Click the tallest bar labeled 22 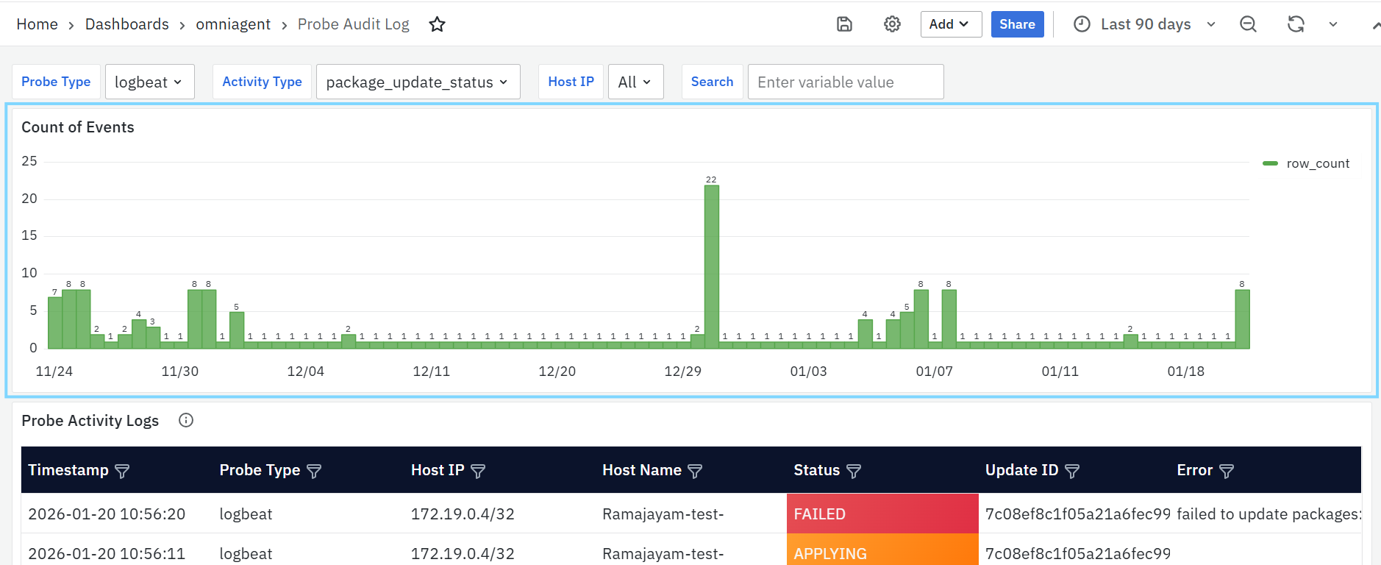click(711, 266)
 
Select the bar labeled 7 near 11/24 click(54, 322)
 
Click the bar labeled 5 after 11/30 click(236, 330)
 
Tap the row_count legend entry click(1306, 163)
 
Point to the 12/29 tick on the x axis click(682, 372)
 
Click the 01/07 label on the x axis click(934, 372)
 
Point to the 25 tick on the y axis click(29, 161)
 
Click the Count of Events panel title click(78, 127)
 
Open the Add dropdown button click(951, 24)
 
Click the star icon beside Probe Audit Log click(438, 24)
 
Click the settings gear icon click(892, 24)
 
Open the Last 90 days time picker click(1144, 24)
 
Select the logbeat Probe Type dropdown click(150, 82)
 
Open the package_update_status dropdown click(418, 82)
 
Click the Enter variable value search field click(846, 82)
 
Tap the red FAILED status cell click(882, 514)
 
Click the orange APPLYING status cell click(882, 550)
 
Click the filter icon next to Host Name click(695, 471)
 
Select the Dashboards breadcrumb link click(127, 24)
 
